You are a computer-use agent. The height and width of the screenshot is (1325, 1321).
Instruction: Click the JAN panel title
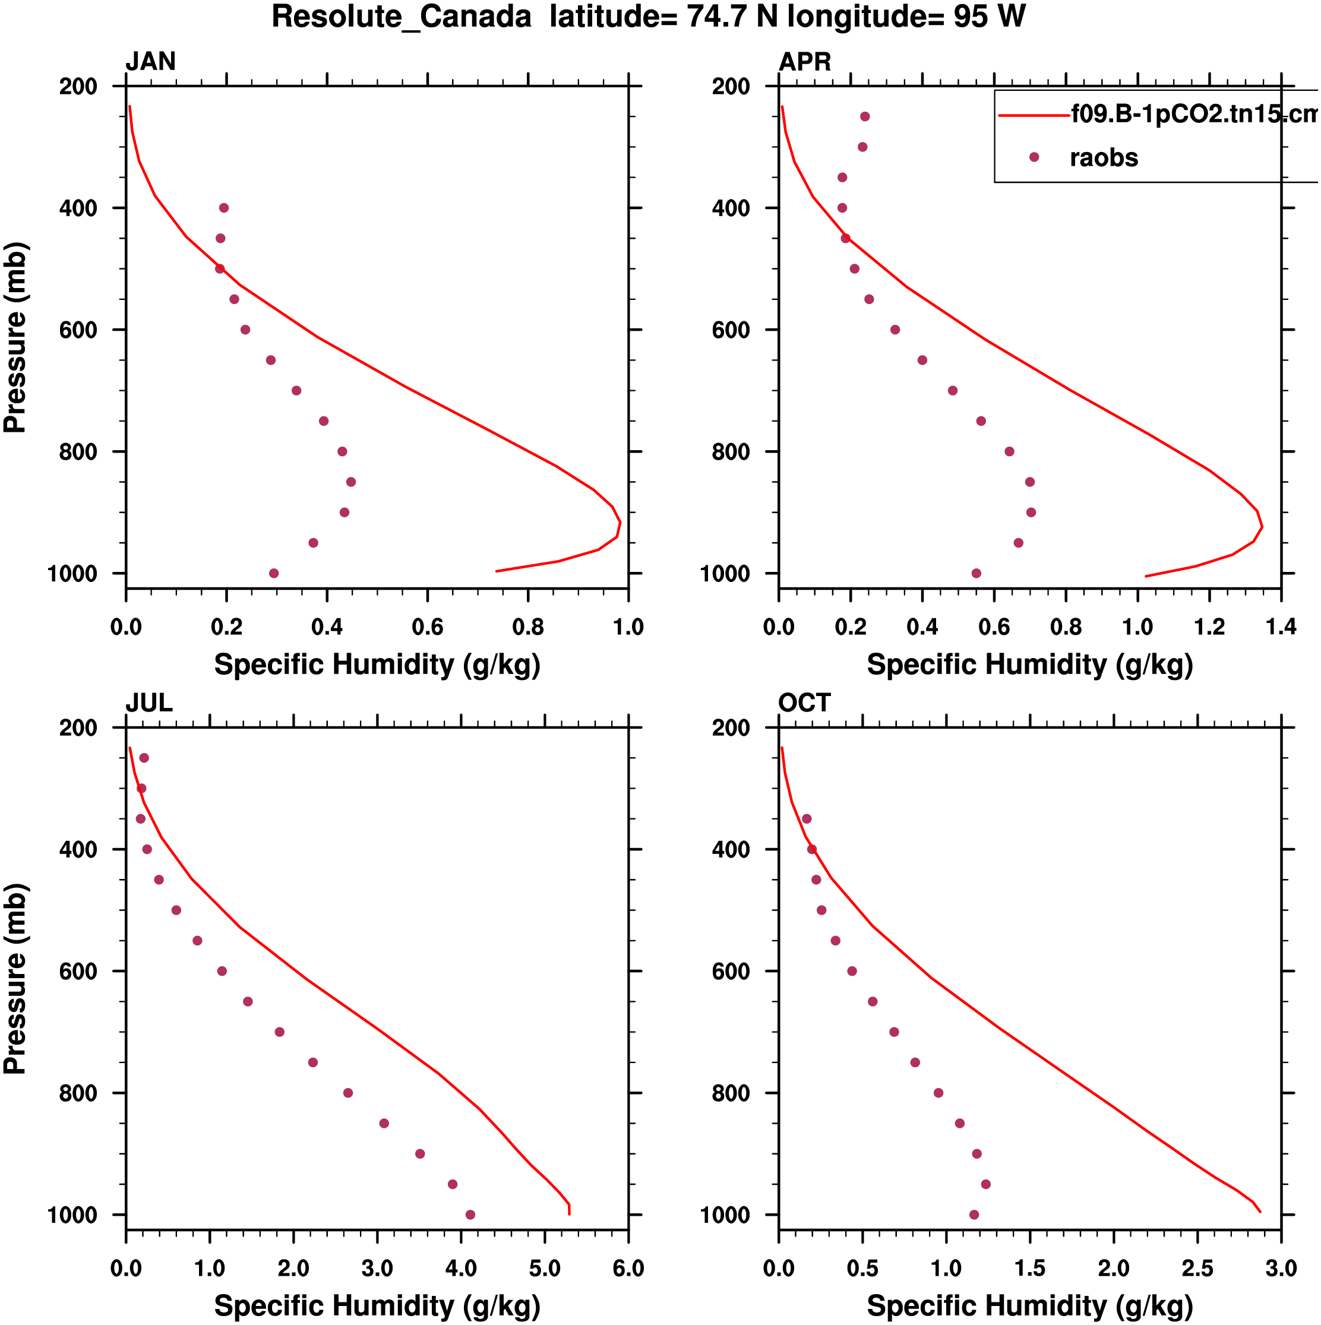(x=150, y=62)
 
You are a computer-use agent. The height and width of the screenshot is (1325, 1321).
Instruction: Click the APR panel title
(x=804, y=62)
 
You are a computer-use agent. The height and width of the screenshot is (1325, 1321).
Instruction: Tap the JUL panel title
(x=149, y=703)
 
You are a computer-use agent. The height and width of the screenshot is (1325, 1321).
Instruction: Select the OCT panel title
(x=804, y=703)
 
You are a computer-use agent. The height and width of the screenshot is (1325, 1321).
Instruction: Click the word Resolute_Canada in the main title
(x=402, y=17)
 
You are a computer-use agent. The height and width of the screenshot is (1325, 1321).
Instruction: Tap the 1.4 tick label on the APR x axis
(x=1281, y=627)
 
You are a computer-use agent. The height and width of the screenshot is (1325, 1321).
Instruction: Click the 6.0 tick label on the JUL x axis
(x=628, y=1269)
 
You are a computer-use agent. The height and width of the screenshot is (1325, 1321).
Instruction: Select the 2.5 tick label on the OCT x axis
(x=1197, y=1269)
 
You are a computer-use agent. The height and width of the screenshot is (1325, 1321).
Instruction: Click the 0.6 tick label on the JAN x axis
(x=427, y=627)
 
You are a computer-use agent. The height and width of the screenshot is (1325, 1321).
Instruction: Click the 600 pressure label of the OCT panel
(x=731, y=972)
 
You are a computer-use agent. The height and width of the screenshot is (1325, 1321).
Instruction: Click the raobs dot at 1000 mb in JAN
(x=274, y=573)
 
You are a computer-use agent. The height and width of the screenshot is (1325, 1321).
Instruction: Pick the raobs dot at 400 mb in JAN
(x=223, y=208)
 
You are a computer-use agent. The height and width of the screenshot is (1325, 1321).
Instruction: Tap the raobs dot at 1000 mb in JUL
(x=470, y=1215)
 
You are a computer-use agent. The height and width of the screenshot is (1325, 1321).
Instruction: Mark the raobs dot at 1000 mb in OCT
(x=974, y=1215)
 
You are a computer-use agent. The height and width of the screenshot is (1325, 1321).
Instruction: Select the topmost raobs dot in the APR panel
(x=865, y=116)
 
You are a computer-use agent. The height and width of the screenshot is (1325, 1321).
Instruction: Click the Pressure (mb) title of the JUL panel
(x=15, y=979)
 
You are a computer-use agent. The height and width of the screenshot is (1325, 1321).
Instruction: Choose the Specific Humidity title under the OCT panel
(x=1029, y=1307)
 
